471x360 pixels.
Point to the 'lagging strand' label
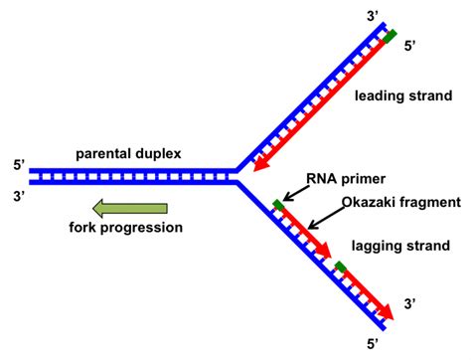click(x=403, y=245)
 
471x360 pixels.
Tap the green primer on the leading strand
click(x=390, y=37)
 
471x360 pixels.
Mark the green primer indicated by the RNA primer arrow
click(x=278, y=206)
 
